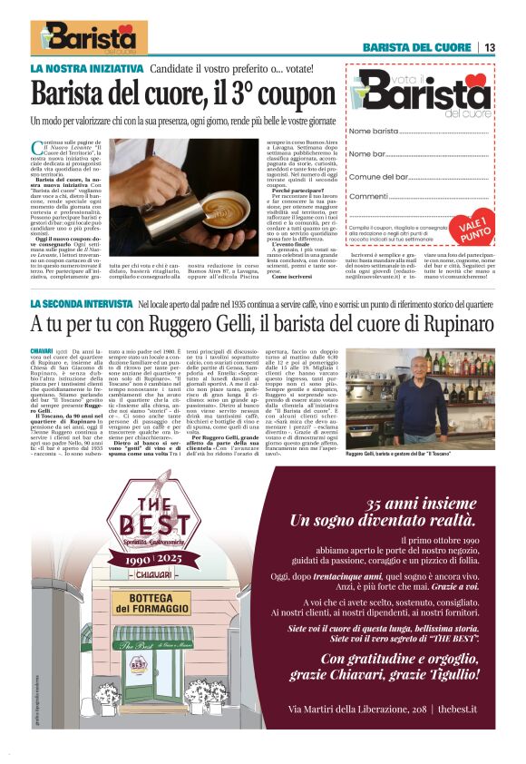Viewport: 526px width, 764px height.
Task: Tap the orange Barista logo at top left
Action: pos(88,38)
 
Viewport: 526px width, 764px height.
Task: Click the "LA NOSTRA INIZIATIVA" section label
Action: pos(87,68)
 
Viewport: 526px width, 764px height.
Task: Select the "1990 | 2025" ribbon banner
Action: pos(141,546)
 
